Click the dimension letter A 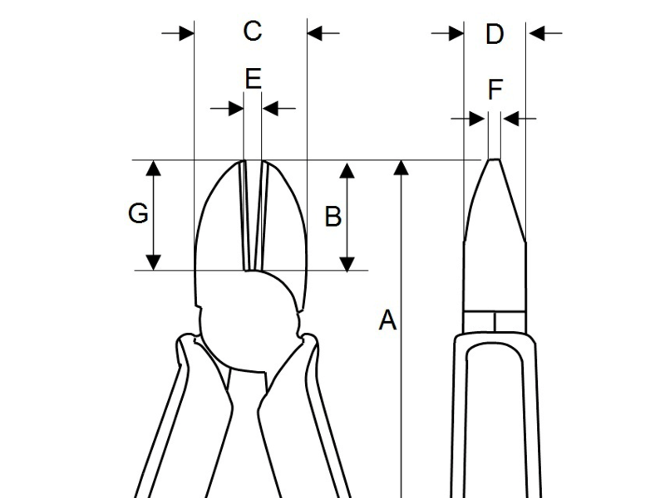click(387, 320)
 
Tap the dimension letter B click(332, 217)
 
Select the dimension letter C click(253, 32)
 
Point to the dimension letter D click(495, 34)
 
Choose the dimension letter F click(495, 89)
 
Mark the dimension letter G click(139, 214)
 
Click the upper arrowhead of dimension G click(153, 168)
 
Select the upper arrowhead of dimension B click(347, 168)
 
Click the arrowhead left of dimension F click(478, 119)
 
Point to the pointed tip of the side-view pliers click(493, 160)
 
